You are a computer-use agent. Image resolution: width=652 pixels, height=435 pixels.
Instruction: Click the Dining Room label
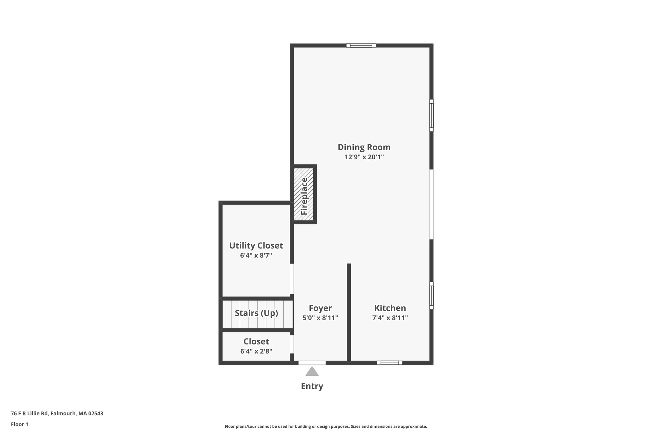point(364,147)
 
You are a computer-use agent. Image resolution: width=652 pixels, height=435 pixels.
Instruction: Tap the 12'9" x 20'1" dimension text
point(364,157)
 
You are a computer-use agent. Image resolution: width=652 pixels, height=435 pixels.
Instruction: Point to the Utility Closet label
point(256,246)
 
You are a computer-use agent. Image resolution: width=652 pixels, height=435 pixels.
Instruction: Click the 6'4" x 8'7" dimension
point(256,256)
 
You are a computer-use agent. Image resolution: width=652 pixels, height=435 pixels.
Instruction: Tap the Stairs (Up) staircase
point(257,314)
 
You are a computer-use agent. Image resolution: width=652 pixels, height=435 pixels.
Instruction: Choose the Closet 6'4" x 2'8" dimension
point(256,351)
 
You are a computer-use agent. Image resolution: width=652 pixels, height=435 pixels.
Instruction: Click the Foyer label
point(320,308)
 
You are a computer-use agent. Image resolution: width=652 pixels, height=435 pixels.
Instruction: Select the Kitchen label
point(390,308)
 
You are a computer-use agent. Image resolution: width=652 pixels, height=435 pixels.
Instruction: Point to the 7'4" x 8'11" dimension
point(390,318)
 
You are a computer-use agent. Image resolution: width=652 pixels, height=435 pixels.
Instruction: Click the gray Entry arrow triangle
point(312,372)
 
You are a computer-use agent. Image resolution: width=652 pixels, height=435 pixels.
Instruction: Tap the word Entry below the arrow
point(312,386)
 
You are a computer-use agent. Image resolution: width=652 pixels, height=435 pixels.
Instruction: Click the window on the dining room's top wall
point(361,46)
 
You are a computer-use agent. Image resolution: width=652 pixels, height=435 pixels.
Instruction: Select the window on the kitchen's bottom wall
point(390,363)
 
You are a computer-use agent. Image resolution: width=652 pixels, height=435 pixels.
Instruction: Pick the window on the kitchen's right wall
point(431,295)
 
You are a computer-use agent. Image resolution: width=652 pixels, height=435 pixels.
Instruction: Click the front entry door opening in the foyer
point(312,363)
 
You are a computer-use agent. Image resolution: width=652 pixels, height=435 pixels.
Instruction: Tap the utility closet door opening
point(292,279)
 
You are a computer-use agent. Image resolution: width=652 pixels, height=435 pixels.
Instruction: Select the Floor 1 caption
point(19,424)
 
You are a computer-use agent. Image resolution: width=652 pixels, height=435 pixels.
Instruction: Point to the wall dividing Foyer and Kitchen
point(349,312)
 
